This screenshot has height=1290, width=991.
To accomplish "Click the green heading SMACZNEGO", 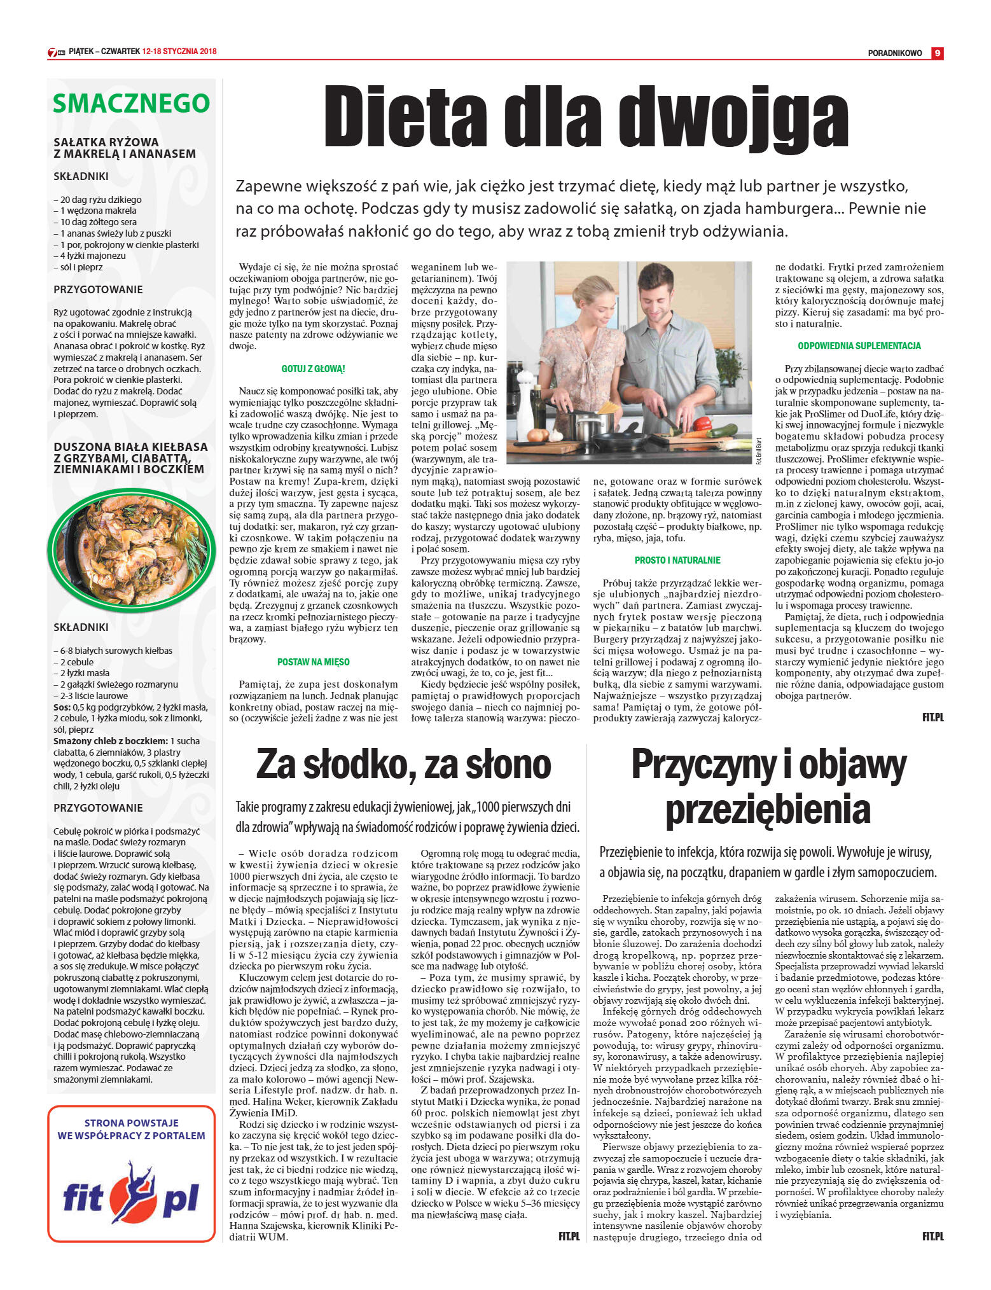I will [131, 103].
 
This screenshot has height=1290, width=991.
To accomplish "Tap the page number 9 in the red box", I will [937, 53].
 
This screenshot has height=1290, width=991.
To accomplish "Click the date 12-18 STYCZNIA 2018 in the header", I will [180, 52].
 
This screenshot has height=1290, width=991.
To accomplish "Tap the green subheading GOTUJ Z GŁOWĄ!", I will [313, 369].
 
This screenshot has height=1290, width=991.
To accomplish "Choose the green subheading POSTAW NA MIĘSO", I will [313, 662].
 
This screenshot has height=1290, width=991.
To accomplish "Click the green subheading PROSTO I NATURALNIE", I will [677, 560].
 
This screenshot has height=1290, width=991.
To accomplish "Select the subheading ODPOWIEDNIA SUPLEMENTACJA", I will [859, 346].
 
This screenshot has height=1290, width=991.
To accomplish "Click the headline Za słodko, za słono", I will [404, 765].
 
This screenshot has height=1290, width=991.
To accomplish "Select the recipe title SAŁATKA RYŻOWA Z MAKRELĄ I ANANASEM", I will [125, 148].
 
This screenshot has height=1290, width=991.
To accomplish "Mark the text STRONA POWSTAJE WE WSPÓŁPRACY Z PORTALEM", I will [131, 1129].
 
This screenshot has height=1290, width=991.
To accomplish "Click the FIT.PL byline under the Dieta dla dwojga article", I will [932, 718].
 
